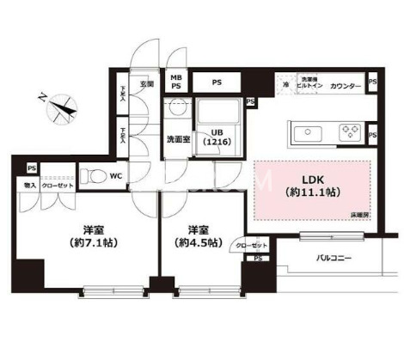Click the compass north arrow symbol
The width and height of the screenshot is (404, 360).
59,108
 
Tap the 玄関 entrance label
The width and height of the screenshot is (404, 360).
146,84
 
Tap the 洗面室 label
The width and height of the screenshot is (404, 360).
178,137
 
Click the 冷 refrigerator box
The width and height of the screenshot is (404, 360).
285,85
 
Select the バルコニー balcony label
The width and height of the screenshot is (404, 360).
334,256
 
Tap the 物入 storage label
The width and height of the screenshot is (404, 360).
30,185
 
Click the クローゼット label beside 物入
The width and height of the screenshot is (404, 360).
58,185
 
